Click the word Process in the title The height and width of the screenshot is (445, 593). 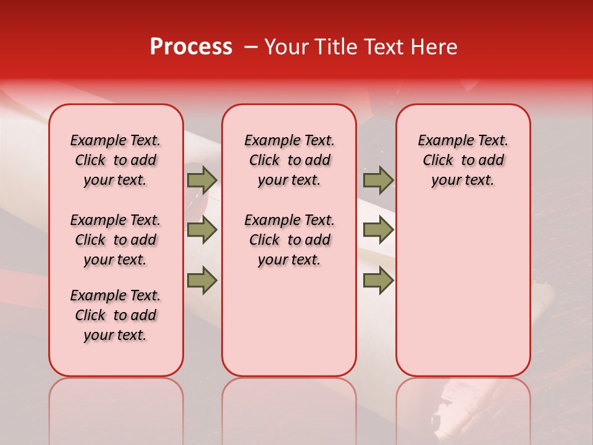[x=191, y=47]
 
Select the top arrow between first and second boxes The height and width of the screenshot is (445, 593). [x=202, y=180]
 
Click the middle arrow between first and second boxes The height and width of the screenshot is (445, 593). [x=202, y=231]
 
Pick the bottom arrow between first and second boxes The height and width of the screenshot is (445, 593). [x=202, y=281]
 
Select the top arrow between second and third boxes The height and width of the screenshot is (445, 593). [x=378, y=180]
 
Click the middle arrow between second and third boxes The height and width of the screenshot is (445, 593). [x=378, y=231]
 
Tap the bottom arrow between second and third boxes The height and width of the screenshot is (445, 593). [x=378, y=281]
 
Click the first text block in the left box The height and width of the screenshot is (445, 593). [x=116, y=160]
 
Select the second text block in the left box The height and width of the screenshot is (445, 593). [x=116, y=240]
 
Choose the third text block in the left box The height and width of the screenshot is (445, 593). [x=116, y=315]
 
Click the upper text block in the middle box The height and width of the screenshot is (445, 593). [x=289, y=160]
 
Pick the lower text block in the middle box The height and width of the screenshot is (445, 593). [x=289, y=240]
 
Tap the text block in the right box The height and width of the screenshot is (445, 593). [x=463, y=160]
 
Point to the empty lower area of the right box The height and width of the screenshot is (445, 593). [x=463, y=290]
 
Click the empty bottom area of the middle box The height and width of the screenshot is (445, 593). [x=289, y=328]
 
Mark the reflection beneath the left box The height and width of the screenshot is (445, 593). [x=116, y=408]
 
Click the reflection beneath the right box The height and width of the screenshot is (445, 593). [x=463, y=408]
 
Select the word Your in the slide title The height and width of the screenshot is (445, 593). [x=285, y=47]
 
